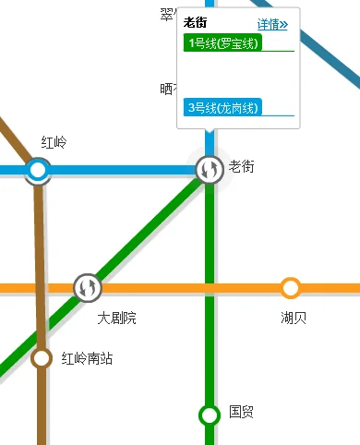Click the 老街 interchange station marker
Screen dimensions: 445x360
pos(210,169)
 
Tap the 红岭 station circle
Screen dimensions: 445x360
pos(38,170)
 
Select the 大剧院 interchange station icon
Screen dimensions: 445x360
pos(88,288)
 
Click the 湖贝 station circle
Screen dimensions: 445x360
pos(291,288)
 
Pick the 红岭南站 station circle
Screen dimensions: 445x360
pos(42,358)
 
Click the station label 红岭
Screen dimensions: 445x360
pos(54,143)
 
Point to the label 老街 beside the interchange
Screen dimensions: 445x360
pos(242,166)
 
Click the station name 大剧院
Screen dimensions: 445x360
pos(117,318)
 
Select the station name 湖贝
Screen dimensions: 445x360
pos(294,318)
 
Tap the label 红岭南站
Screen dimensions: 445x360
pos(87,358)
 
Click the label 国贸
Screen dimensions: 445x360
pos(242,412)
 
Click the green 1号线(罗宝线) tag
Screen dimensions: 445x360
pos(223,43)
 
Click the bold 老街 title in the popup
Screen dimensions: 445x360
pos(195,22)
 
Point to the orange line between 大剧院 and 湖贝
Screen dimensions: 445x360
pos(185,288)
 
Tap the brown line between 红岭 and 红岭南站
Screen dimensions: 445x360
pos(40,268)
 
